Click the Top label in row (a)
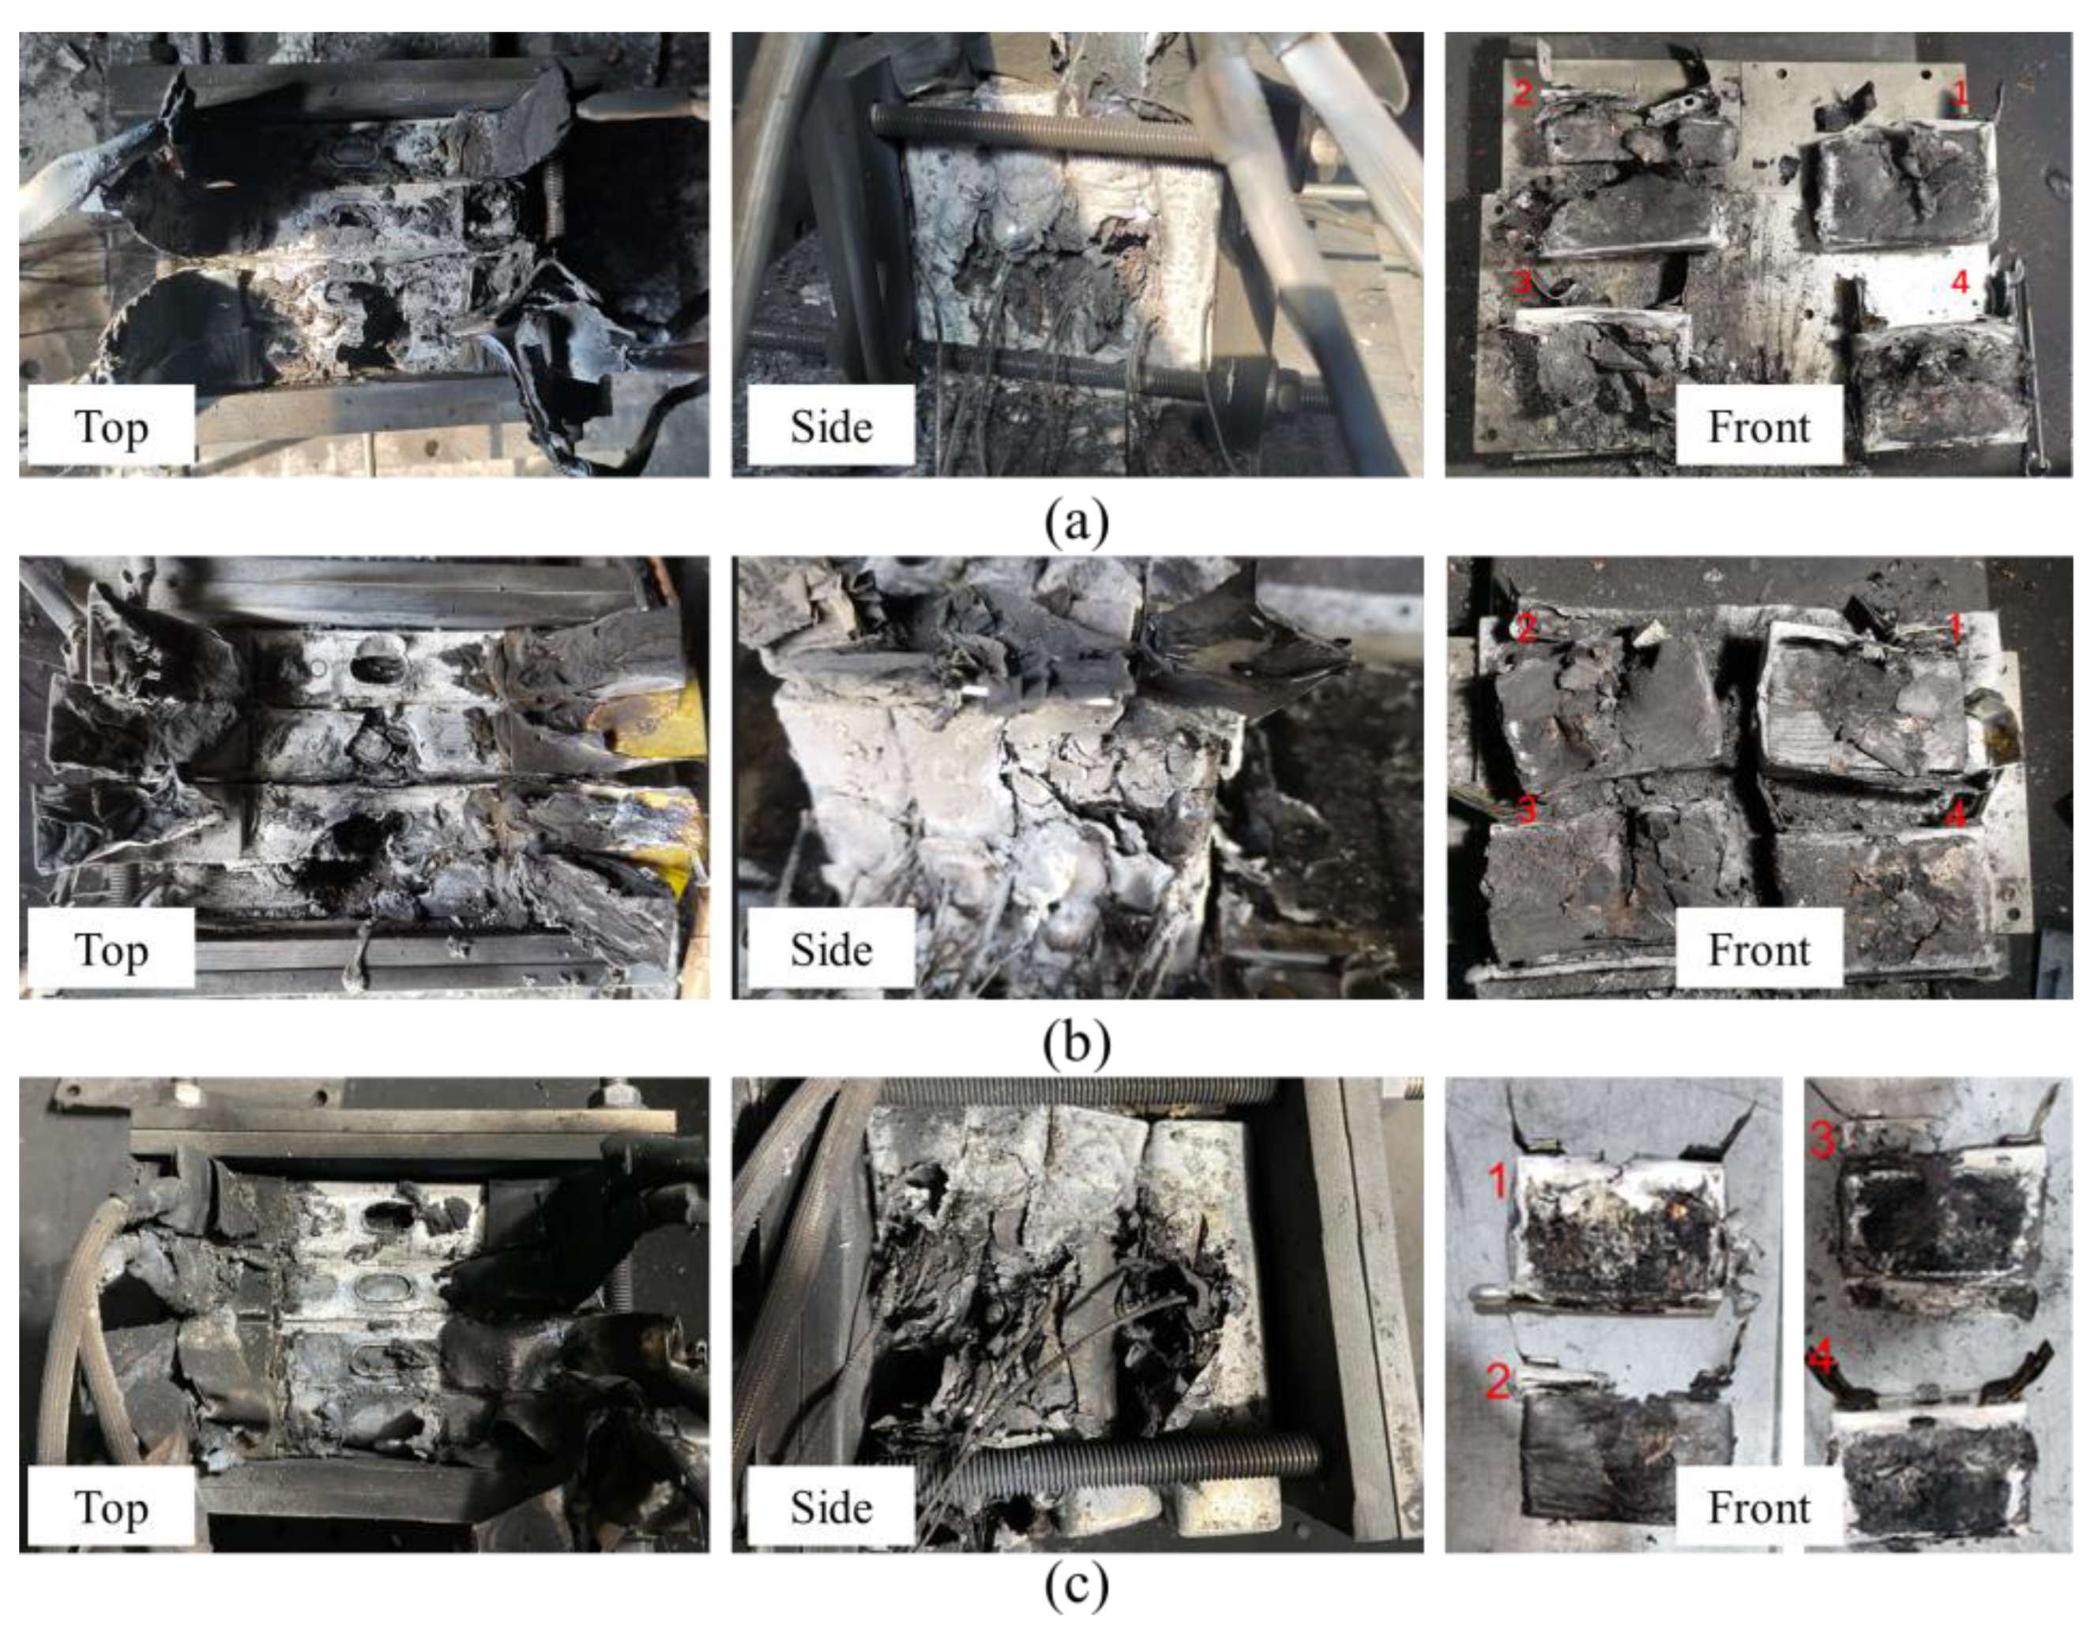pyautogui.click(x=111, y=426)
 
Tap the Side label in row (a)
pyautogui.click(x=831, y=426)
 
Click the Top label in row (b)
pyautogui.click(x=111, y=950)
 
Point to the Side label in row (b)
pyautogui.click(x=831, y=950)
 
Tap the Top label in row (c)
pyautogui.click(x=111, y=1509)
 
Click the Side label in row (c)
pyautogui.click(x=831, y=1509)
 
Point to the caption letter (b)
pyautogui.click(x=1076, y=1043)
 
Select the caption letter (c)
pyautogui.click(x=1076, y=1586)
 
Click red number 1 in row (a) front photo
pyautogui.click(x=1961, y=93)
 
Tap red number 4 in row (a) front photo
pyautogui.click(x=1961, y=281)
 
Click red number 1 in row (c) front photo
pyautogui.click(x=1497, y=1180)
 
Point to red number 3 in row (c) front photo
pyautogui.click(x=1822, y=1140)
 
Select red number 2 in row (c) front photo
pyautogui.click(x=1498, y=1381)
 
